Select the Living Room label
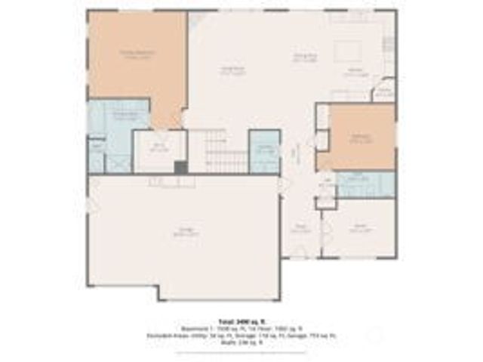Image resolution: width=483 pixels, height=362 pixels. point(232,72)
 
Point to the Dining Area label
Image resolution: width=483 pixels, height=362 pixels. point(304,57)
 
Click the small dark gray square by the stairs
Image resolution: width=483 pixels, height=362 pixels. point(180,168)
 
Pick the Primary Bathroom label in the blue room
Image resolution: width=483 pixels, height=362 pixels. point(125,116)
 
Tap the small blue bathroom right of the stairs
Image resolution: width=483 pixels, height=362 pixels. point(265,150)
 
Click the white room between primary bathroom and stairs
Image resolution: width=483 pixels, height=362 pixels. point(159,150)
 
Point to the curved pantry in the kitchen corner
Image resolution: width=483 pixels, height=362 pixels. point(384,90)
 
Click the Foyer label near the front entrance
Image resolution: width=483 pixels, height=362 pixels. point(300,229)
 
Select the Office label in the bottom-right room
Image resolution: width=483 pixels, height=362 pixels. point(359,228)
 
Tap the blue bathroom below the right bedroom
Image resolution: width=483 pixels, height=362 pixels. point(365,184)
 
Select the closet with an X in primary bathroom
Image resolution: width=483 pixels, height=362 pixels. point(118,161)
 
